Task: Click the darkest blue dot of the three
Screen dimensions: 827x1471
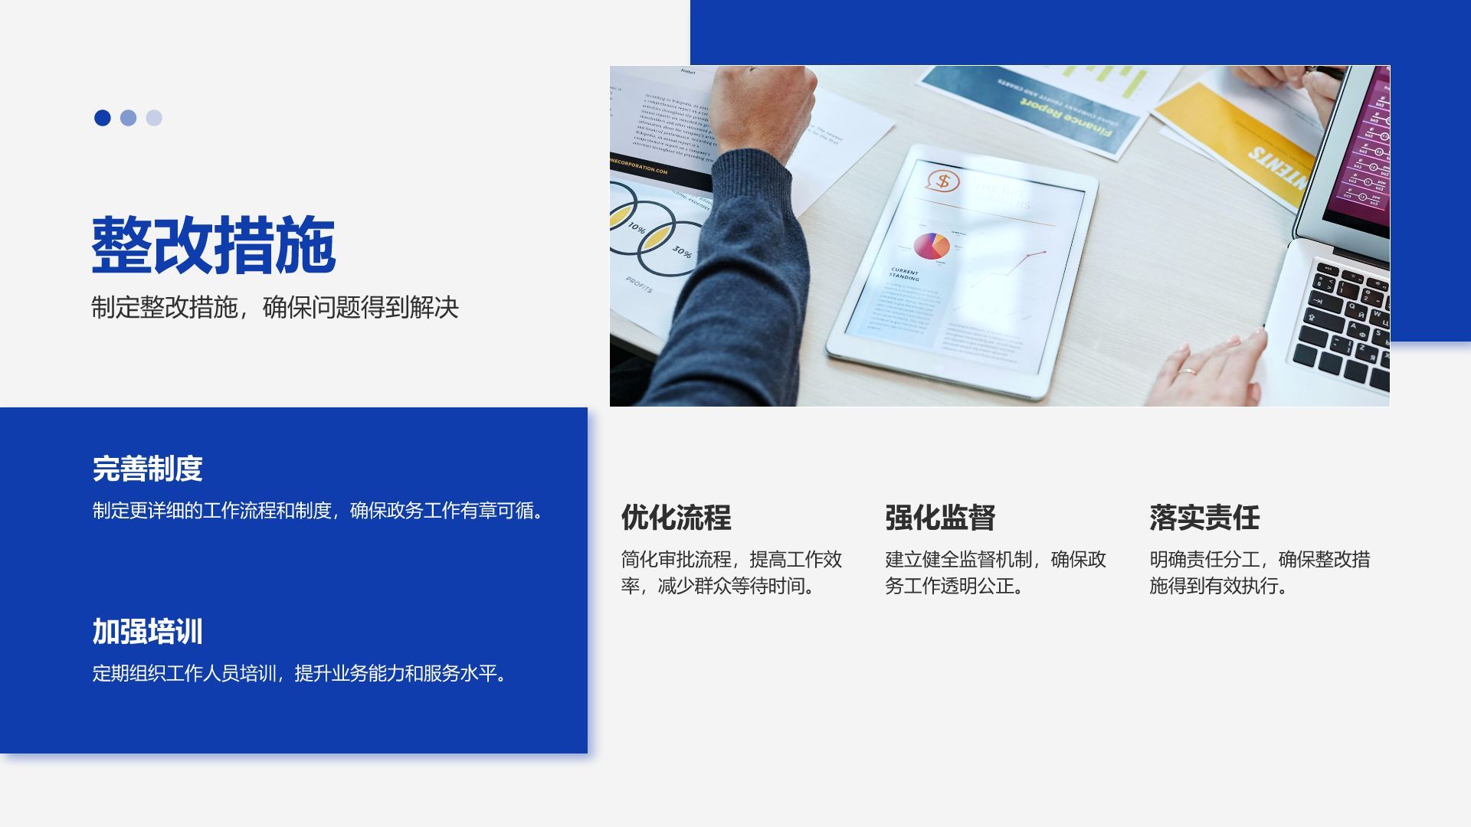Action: tap(103, 118)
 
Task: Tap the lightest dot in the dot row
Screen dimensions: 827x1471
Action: tap(154, 118)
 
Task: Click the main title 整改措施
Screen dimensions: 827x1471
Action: tap(214, 245)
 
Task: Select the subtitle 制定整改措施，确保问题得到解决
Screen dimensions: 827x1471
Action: tap(275, 308)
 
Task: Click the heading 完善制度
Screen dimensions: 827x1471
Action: tap(147, 469)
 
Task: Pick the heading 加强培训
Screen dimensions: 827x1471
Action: tap(147, 632)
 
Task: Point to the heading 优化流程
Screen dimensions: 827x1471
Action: tap(676, 518)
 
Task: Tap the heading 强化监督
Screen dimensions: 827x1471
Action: tap(940, 518)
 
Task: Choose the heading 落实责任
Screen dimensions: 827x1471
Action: tap(1204, 518)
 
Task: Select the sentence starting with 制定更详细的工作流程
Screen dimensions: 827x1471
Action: tap(320, 511)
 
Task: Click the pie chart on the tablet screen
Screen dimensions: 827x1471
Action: tap(931, 247)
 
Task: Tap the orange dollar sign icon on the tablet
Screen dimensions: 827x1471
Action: tap(943, 181)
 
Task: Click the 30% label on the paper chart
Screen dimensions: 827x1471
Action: tap(682, 251)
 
